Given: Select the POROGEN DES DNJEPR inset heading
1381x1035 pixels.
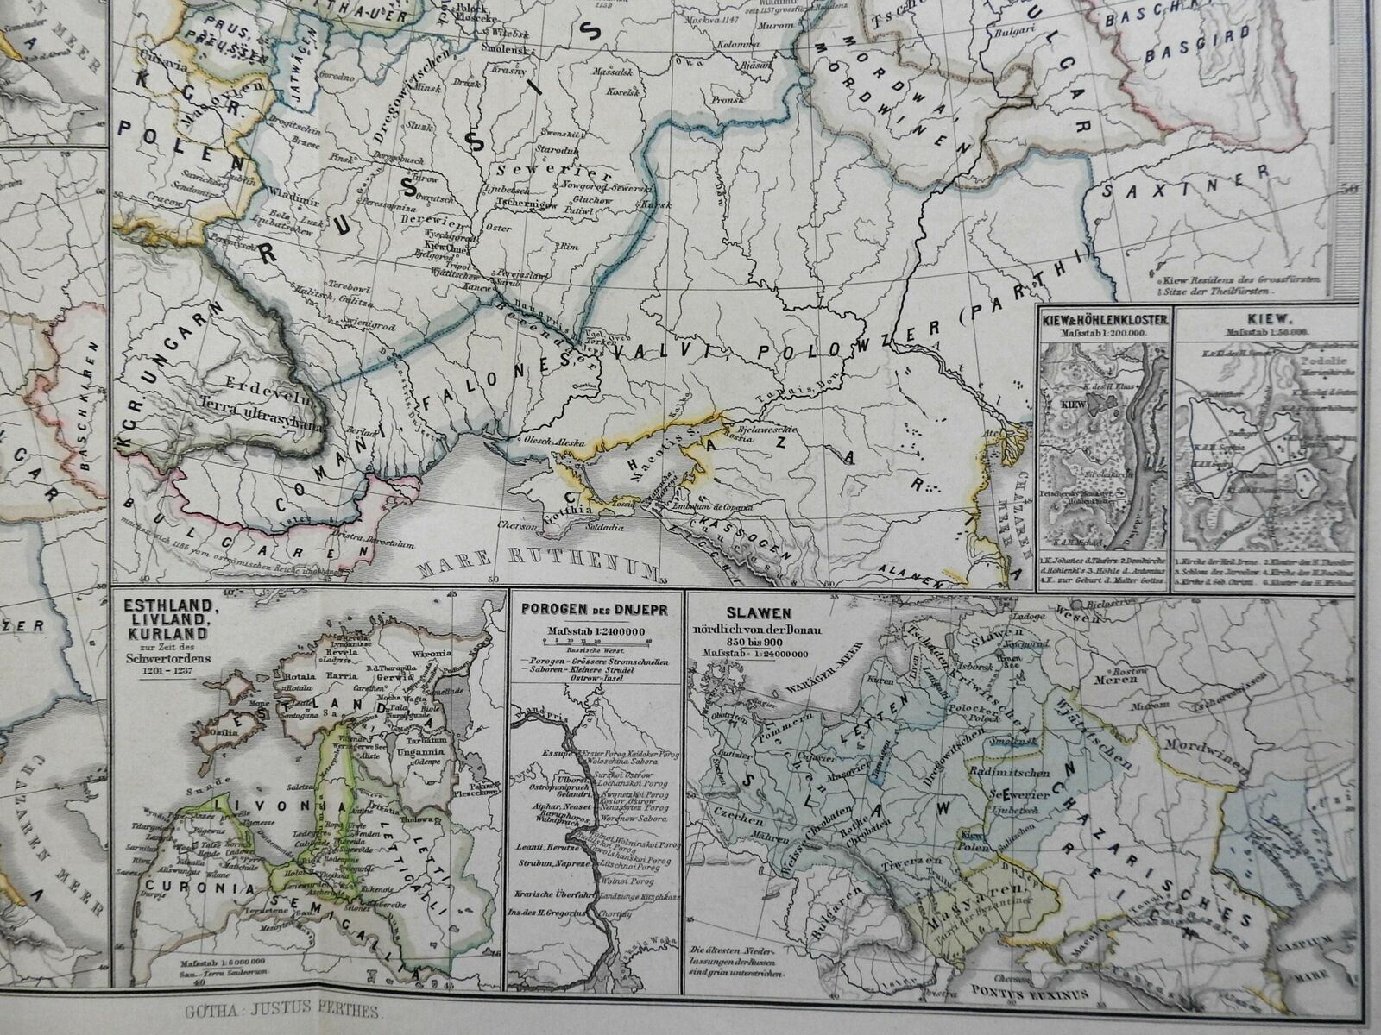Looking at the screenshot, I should coord(596,605).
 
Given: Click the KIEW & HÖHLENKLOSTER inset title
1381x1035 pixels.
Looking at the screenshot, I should coord(1106,319).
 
